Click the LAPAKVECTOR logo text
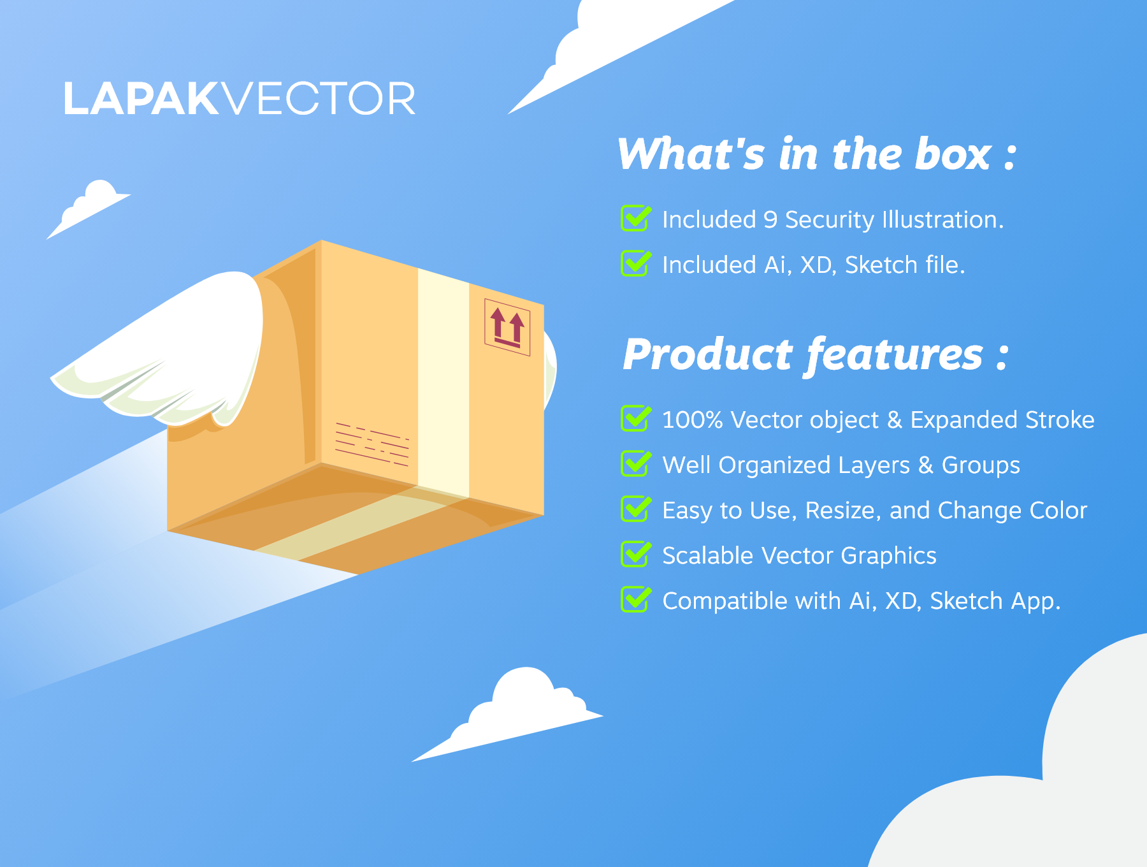240,99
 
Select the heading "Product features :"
816,354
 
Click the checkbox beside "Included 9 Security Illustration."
636,219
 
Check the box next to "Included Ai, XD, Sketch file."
636,264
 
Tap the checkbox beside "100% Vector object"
636,419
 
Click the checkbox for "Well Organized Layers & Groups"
636,464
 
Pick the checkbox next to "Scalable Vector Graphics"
636,555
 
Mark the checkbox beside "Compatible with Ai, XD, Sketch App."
636,600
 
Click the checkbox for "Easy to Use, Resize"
636,509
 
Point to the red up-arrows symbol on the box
507,327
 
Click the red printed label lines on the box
372,444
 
